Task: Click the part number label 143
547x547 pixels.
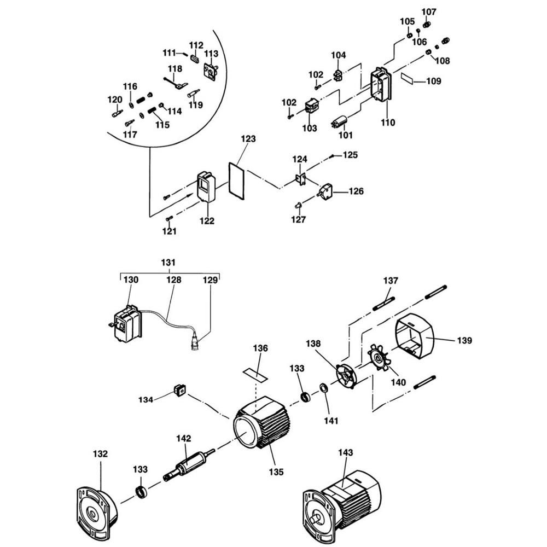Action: [345, 452]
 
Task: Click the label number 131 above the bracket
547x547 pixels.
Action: [168, 263]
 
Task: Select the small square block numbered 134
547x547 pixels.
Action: [179, 390]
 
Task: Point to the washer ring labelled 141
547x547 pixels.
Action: [323, 388]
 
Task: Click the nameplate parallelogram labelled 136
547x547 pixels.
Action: [255, 374]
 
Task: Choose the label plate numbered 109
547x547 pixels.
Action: [407, 78]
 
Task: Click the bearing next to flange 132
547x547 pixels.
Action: [141, 491]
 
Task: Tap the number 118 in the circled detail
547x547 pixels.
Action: [175, 68]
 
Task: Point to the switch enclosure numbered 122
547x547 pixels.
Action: [206, 187]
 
